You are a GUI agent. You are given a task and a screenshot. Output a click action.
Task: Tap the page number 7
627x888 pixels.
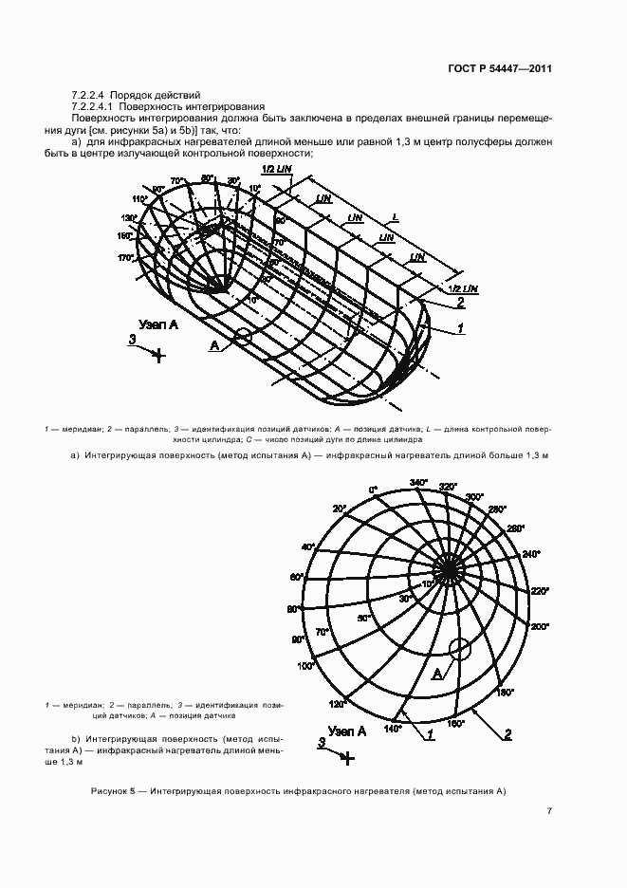tap(548, 810)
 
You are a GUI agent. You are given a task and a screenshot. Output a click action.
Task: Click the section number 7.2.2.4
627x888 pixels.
tap(90, 96)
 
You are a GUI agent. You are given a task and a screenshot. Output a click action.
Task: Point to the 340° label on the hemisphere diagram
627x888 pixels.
tap(417, 484)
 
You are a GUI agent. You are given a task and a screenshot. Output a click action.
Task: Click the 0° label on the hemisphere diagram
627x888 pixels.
tap(373, 490)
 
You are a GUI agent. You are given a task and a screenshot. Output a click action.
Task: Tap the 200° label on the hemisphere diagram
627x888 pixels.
tap(541, 627)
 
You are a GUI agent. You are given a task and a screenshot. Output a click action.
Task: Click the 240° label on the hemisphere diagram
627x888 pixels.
tap(531, 554)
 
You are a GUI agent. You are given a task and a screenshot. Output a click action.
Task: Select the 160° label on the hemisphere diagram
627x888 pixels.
tap(455, 725)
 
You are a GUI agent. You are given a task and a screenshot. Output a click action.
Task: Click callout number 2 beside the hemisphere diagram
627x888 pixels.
tap(507, 733)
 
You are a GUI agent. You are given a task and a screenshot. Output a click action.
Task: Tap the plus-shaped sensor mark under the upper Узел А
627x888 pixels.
tap(159, 356)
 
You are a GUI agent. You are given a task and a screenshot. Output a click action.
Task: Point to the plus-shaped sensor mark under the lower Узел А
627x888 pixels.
tap(348, 757)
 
